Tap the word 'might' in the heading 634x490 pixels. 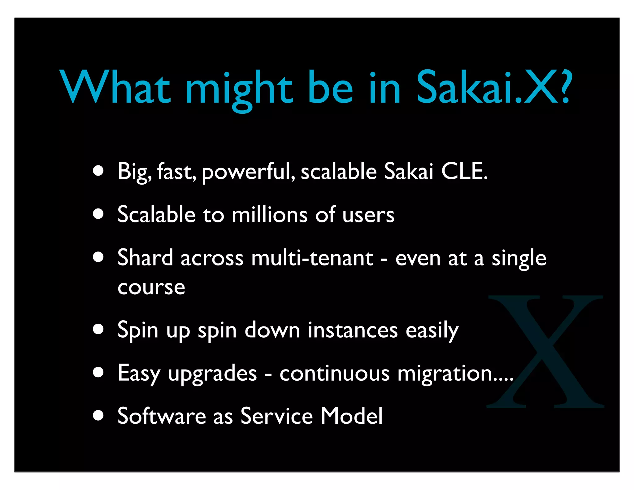[239, 88]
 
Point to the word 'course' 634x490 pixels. [151, 288]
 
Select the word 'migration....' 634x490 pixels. [455, 374]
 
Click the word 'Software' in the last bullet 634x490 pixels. [162, 416]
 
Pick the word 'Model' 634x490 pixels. [352, 416]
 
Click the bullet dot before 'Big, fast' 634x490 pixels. [98, 171]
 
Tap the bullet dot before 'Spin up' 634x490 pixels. [98, 330]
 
